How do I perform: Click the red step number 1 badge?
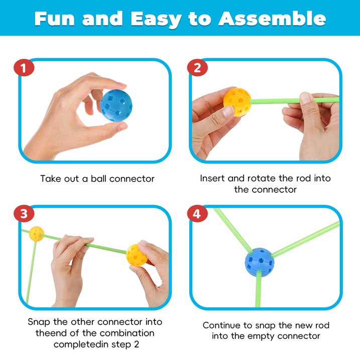pos(24,67)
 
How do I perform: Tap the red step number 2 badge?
pos(197,67)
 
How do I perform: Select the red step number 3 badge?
pos(24,213)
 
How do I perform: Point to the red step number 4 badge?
pos(197,213)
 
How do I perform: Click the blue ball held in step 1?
pos(116,105)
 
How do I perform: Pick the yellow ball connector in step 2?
pos(237,102)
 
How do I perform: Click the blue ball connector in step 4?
pos(259,262)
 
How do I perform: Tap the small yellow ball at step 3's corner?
pos(37,234)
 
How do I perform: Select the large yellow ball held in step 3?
pos(137,255)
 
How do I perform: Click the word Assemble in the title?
pos(272,19)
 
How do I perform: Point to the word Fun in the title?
pos(54,19)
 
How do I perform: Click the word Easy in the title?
pos(156,20)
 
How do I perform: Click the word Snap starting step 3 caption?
pos(39,322)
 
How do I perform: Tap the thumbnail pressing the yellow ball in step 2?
pos(228,111)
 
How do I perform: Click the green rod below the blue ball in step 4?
pos(258,289)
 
